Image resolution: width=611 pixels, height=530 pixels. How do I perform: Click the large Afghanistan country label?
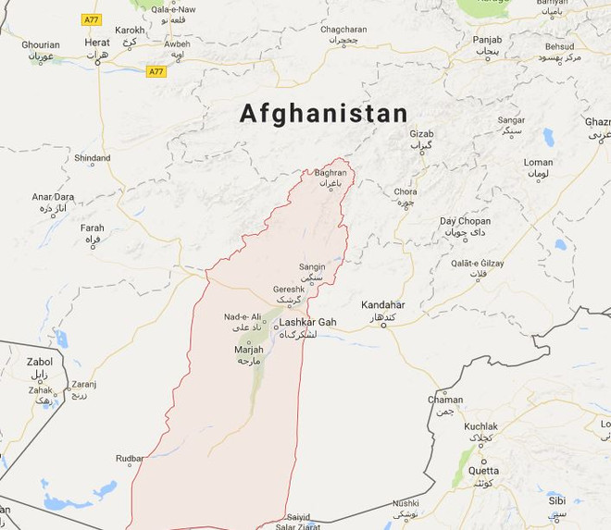tap(323, 114)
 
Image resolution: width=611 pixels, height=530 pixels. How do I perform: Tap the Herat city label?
tap(97, 43)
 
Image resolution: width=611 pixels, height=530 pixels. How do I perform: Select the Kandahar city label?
tap(382, 304)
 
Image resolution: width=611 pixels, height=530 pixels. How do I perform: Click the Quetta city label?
tap(483, 470)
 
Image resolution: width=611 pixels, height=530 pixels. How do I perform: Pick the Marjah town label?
tap(249, 350)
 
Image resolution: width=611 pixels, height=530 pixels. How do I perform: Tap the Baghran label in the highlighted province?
tap(330, 172)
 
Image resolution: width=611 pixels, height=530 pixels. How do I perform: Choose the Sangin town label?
tap(312, 266)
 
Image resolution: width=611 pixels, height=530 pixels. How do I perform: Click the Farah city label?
tap(93, 228)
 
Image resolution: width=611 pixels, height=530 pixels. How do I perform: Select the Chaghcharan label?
tap(344, 30)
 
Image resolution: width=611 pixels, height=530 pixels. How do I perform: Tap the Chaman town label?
tap(445, 400)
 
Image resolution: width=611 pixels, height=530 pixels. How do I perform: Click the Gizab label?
tap(421, 134)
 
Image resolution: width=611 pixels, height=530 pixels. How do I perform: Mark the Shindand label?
tap(93, 158)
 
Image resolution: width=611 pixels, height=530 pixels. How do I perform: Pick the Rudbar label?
tap(130, 458)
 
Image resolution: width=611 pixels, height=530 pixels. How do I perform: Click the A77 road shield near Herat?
tap(156, 71)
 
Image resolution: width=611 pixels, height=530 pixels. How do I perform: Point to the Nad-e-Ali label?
tap(242, 317)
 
